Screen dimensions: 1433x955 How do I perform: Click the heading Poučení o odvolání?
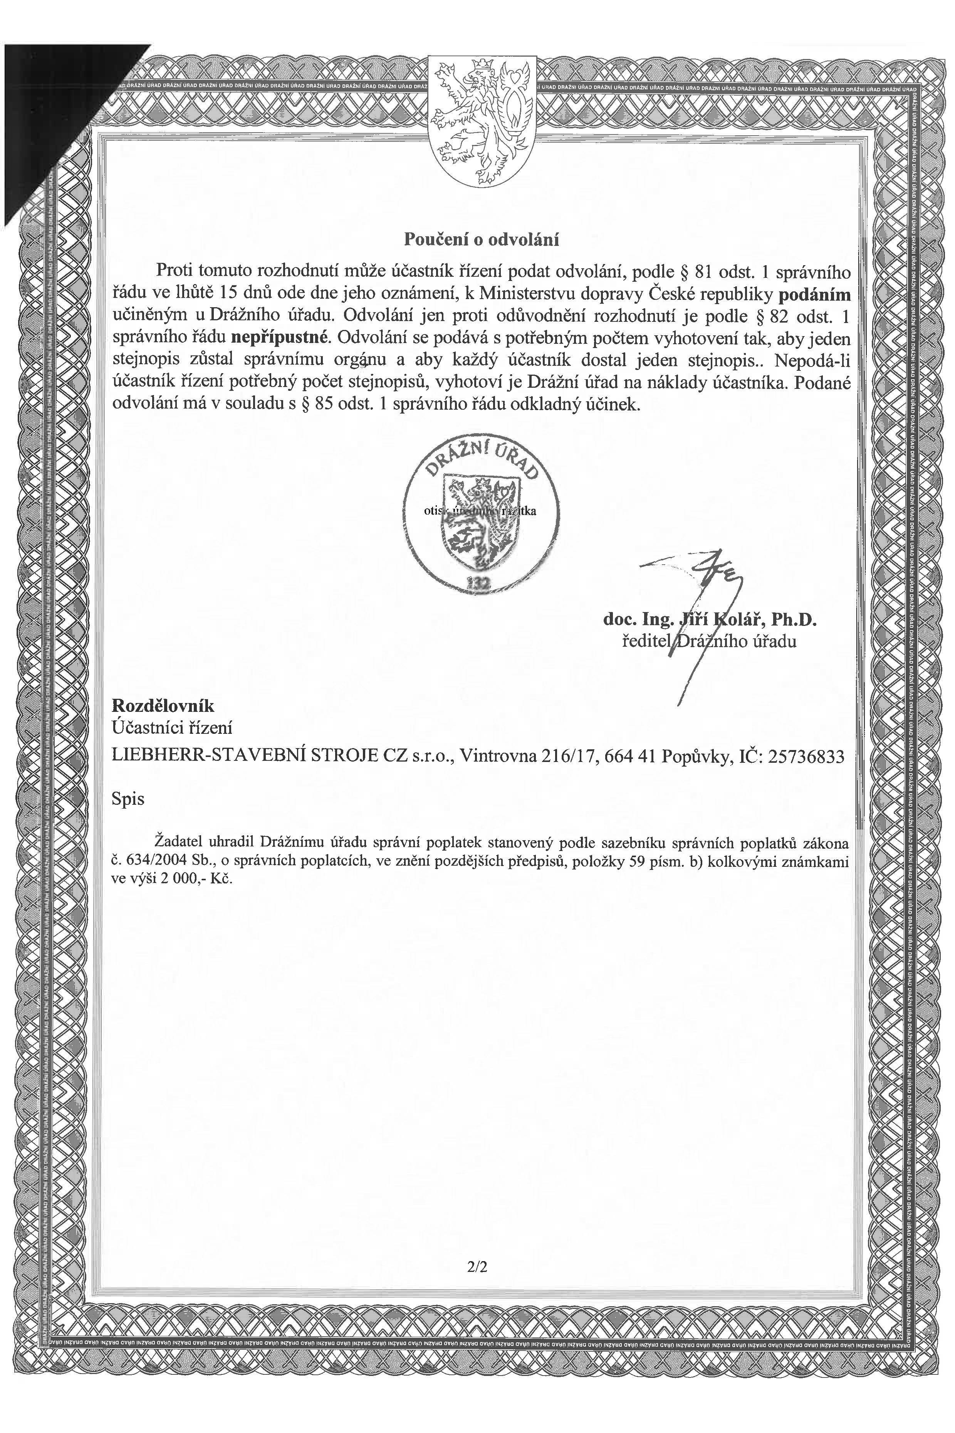481,239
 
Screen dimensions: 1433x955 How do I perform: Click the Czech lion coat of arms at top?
482,121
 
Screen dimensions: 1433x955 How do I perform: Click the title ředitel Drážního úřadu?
708,641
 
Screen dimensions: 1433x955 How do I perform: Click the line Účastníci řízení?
172,727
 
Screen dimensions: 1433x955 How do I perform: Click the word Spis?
128,799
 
